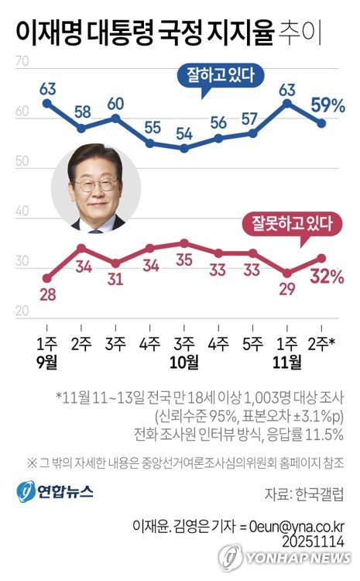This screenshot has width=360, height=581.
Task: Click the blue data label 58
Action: [x=81, y=111]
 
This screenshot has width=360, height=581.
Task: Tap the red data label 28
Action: [x=46, y=295]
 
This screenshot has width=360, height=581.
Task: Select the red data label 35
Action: [x=183, y=259]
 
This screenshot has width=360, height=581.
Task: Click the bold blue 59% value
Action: [x=327, y=103]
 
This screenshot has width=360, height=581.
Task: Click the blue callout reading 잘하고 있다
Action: [x=221, y=75]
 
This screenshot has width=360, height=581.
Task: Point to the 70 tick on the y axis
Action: [x=22, y=63]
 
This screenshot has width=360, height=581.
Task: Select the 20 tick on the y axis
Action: [x=22, y=311]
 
